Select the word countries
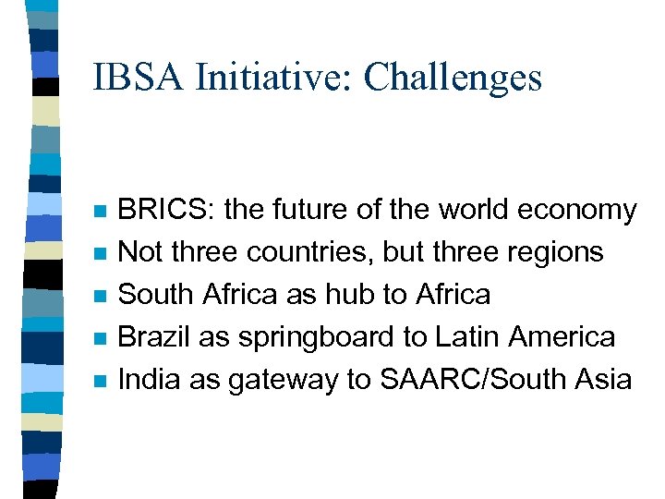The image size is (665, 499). [296, 252]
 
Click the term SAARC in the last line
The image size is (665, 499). [424, 379]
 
